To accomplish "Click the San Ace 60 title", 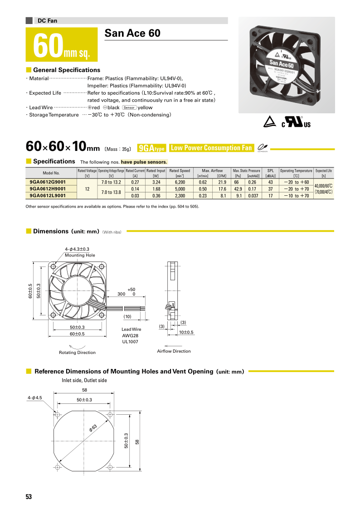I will pyautogui.click(x=132, y=33).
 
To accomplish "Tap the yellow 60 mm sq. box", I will pyautogui.click(x=62, y=44).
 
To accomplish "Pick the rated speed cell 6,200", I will pyautogui.click(x=180, y=182).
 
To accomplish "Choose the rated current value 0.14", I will pyautogui.click(x=135, y=189).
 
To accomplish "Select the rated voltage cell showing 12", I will pyautogui.click(x=87, y=189).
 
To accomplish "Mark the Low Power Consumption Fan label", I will pyautogui.click(x=211, y=148).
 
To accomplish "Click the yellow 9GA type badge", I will pyautogui.click(x=151, y=148).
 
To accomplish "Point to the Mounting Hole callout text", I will pyautogui.click(x=80, y=255).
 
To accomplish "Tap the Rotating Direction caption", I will pyautogui.click(x=77, y=352).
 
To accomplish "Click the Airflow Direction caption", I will pyautogui.click(x=174, y=351).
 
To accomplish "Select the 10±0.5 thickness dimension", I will pyautogui.click(x=185, y=332).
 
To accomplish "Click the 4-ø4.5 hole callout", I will pyautogui.click(x=34, y=398).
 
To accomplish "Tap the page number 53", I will pyautogui.click(x=29, y=497).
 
